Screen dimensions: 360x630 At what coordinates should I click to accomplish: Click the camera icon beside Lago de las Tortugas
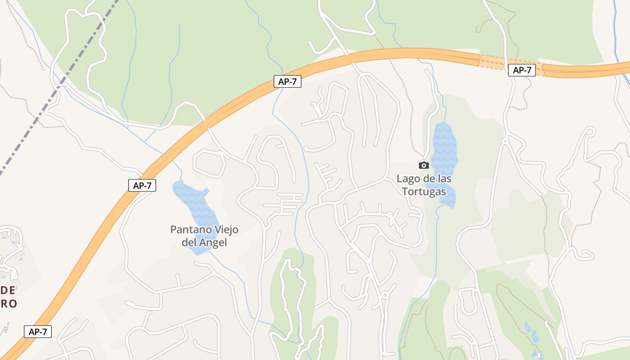click(x=423, y=166)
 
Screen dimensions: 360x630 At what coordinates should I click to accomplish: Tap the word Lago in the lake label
click(x=407, y=179)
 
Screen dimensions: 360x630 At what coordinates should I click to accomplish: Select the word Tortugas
click(x=423, y=192)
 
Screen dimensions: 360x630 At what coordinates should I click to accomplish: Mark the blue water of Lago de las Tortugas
click(x=444, y=148)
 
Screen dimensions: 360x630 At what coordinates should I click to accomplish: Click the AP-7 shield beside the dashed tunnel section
click(x=522, y=70)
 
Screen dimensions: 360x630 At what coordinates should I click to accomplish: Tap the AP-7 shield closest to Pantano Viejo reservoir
click(x=142, y=185)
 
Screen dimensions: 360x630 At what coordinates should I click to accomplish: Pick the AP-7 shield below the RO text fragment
click(x=38, y=332)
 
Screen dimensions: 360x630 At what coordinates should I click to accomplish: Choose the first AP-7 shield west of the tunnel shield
click(x=287, y=82)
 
